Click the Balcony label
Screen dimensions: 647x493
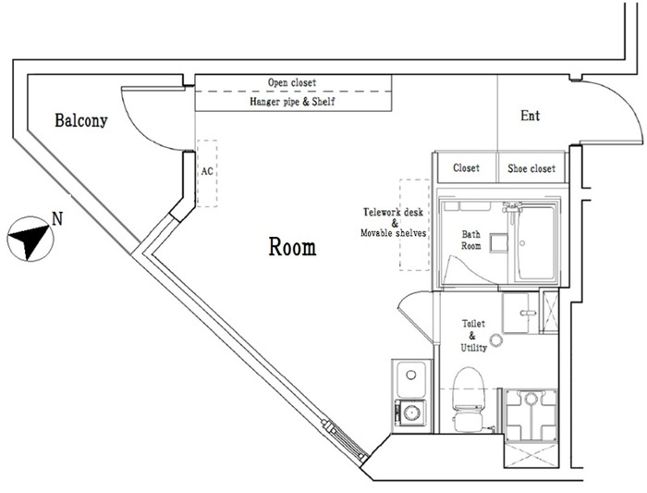coord(81,120)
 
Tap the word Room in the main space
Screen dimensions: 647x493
coord(293,246)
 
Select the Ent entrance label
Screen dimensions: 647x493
coord(531,116)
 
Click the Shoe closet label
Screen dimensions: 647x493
coord(531,168)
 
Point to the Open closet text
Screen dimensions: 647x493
coord(292,82)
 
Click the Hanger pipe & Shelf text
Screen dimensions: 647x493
coord(292,101)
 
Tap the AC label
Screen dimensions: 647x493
coord(207,171)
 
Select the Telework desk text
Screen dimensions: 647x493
coord(393,212)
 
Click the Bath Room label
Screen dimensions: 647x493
coord(470,240)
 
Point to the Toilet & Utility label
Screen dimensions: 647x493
coord(473,336)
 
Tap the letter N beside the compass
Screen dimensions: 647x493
coord(57,219)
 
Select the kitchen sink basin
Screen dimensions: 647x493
coord(410,377)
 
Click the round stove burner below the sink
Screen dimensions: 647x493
coord(410,413)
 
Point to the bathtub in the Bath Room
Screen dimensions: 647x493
coord(535,243)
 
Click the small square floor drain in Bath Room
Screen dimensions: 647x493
coord(499,243)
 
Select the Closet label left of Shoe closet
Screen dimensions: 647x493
coord(466,168)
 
